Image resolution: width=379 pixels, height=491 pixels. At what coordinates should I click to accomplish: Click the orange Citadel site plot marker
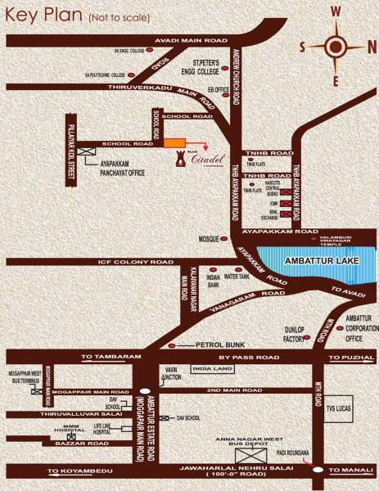[x=174, y=143]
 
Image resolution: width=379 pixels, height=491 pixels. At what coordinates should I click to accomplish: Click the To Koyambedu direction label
[x=79, y=471]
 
